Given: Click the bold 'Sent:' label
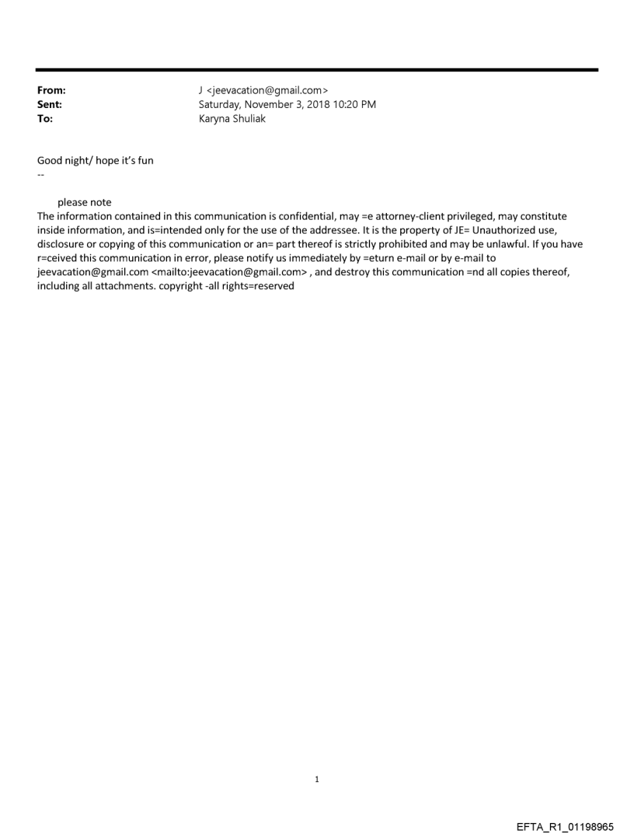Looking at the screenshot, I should tap(50, 104).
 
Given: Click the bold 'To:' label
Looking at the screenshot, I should tap(45, 119).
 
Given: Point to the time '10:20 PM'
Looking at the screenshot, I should tap(354, 104).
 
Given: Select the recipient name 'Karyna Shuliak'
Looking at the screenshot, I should tap(232, 119).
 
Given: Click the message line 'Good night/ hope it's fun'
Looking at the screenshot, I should tap(96, 161).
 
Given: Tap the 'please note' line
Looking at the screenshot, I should tap(84, 203).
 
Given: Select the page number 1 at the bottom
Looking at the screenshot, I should tap(317, 779).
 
